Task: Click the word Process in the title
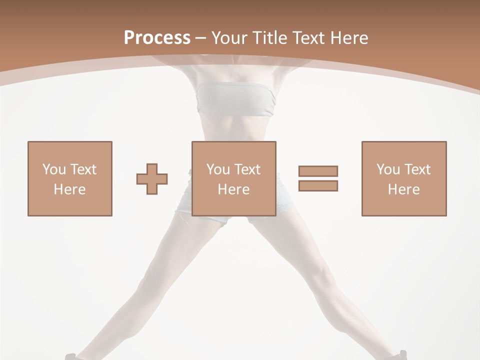157,37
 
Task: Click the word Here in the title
349,38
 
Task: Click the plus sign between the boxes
152,179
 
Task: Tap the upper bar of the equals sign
318,171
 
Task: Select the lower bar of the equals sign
318,185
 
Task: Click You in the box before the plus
53,169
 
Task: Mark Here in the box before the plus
69,189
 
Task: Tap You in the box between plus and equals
218,169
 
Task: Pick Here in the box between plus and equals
234,189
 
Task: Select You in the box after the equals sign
388,169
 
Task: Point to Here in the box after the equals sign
404,189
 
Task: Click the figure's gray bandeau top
235,99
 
